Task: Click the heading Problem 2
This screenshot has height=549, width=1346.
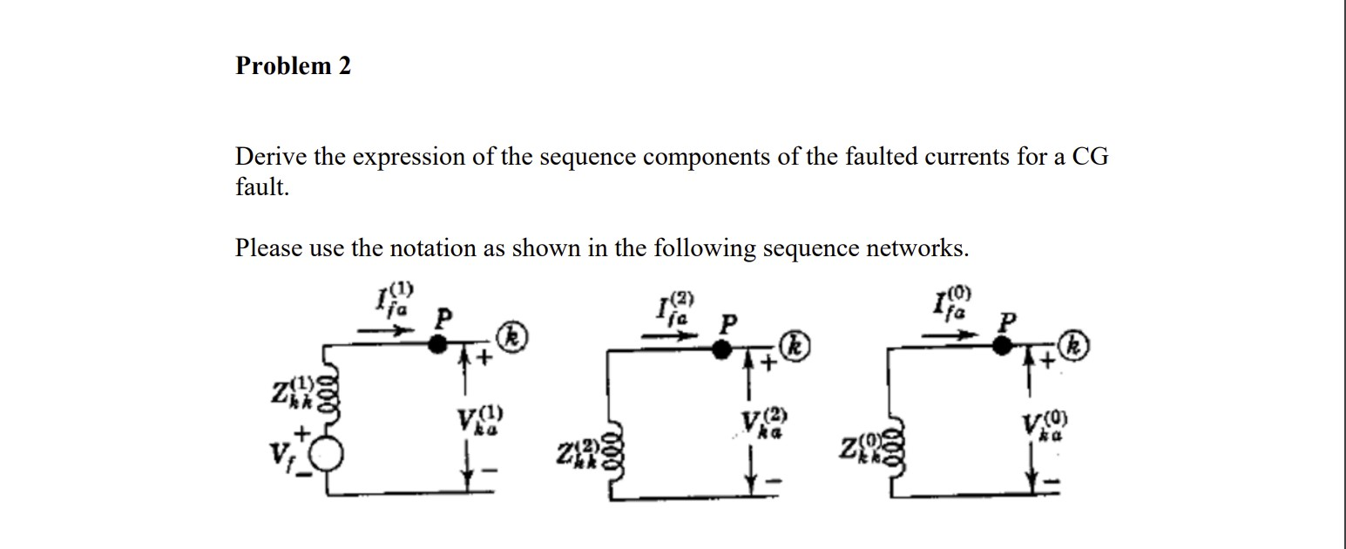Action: coord(293,66)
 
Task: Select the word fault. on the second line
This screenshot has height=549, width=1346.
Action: coord(261,187)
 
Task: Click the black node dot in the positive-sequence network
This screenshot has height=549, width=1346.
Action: coord(438,344)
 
